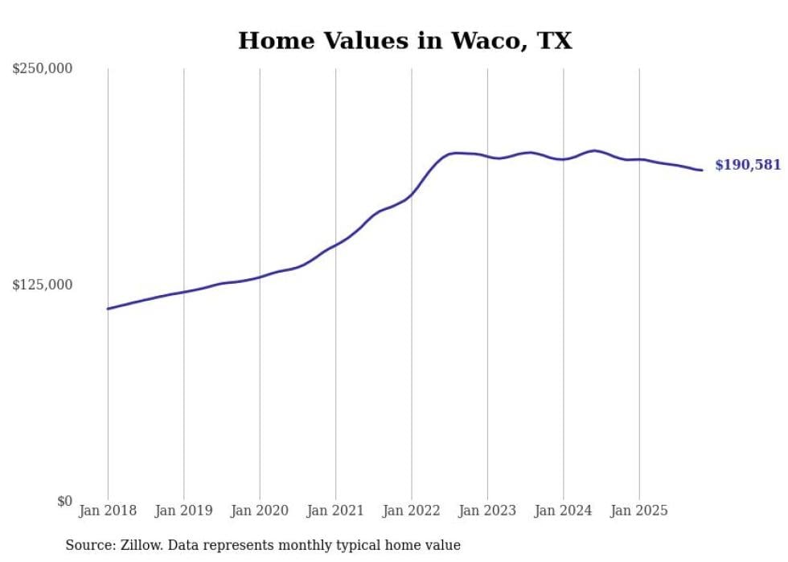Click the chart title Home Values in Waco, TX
(x=404, y=40)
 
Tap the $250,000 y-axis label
(x=42, y=69)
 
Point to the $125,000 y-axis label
(x=42, y=285)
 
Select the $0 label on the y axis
(x=64, y=501)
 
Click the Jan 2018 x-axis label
(x=108, y=511)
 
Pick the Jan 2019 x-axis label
(x=184, y=511)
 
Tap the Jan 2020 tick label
(x=260, y=511)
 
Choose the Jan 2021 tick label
(x=335, y=511)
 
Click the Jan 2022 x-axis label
(x=412, y=511)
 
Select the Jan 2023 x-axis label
(x=487, y=511)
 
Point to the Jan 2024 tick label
(x=563, y=511)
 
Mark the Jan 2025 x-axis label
(x=639, y=511)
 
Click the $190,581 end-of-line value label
(x=748, y=165)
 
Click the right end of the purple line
(x=702, y=170)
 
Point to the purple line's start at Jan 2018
(x=108, y=309)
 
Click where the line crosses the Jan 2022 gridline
(x=412, y=194)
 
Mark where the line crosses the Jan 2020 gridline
(x=260, y=277)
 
